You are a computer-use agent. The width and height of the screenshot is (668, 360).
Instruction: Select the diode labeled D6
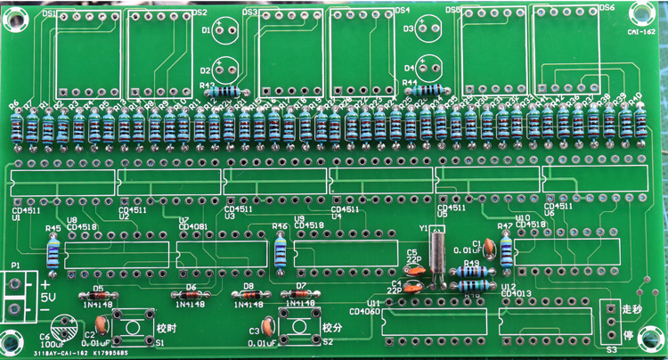tap(190, 296)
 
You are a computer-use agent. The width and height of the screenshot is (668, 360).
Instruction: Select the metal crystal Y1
tap(435, 252)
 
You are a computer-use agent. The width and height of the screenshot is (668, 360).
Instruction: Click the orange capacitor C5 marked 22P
tap(413, 266)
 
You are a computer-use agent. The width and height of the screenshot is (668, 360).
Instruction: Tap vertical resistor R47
tap(507, 251)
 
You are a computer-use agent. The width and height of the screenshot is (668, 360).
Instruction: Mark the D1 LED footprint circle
tap(226, 29)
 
